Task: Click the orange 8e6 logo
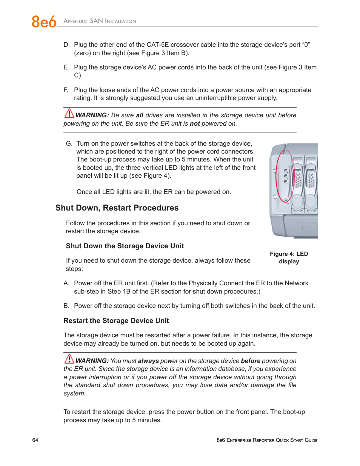[x=44, y=22]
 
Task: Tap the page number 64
[x=35, y=440]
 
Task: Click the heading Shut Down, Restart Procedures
[x=117, y=208]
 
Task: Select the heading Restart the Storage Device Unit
[x=116, y=321]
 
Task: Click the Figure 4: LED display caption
[x=289, y=258]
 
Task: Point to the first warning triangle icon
[x=69, y=113]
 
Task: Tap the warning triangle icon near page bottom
[x=69, y=359]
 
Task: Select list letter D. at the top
[x=66, y=45]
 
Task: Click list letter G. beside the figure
[x=69, y=143]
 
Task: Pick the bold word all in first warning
[x=140, y=115]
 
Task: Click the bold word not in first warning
[x=195, y=123]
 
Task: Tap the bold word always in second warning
[x=148, y=361]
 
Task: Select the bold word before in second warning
[x=251, y=361]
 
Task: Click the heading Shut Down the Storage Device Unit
[x=125, y=246]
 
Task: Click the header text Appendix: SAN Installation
[x=100, y=21]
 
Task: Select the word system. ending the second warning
[x=74, y=393]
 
